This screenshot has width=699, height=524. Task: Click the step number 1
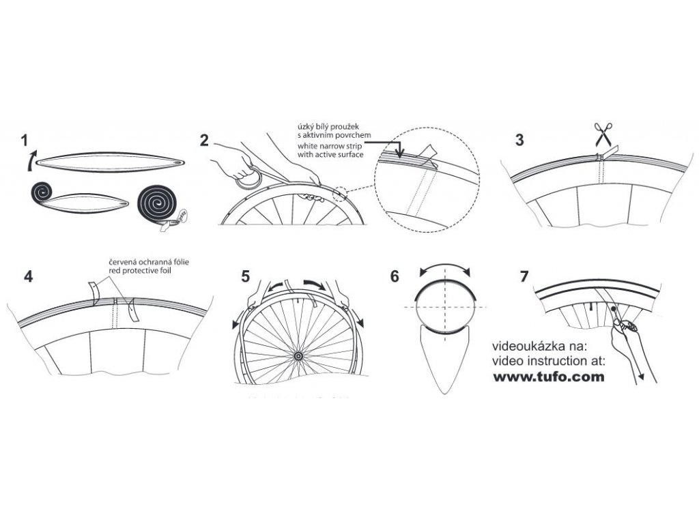25,142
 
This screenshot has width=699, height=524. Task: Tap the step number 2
204,141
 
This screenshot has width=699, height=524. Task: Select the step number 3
520,141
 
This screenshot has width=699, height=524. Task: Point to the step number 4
27,277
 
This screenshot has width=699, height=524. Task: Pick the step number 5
245,277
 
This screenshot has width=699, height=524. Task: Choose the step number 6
394,277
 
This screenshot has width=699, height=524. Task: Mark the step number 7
524,277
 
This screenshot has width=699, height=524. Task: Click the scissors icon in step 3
603,134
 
